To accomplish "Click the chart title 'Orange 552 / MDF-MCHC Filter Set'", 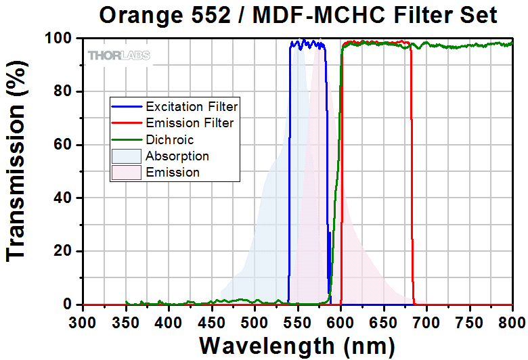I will tap(299, 15).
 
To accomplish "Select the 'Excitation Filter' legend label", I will tap(192, 106).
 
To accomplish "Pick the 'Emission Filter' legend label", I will tap(190, 122).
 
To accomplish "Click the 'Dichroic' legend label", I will tap(169, 139).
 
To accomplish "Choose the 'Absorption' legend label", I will tap(177, 156).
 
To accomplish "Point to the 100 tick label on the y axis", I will tap(58, 39).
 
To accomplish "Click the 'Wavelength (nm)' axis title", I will tap(297, 346).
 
